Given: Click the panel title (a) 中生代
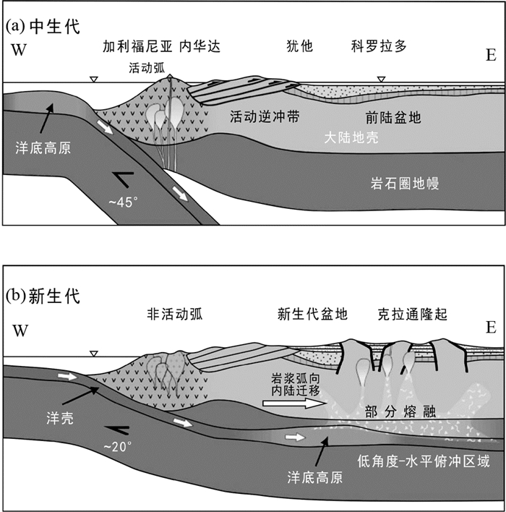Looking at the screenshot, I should [42, 27].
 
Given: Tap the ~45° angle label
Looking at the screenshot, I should [124, 202].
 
